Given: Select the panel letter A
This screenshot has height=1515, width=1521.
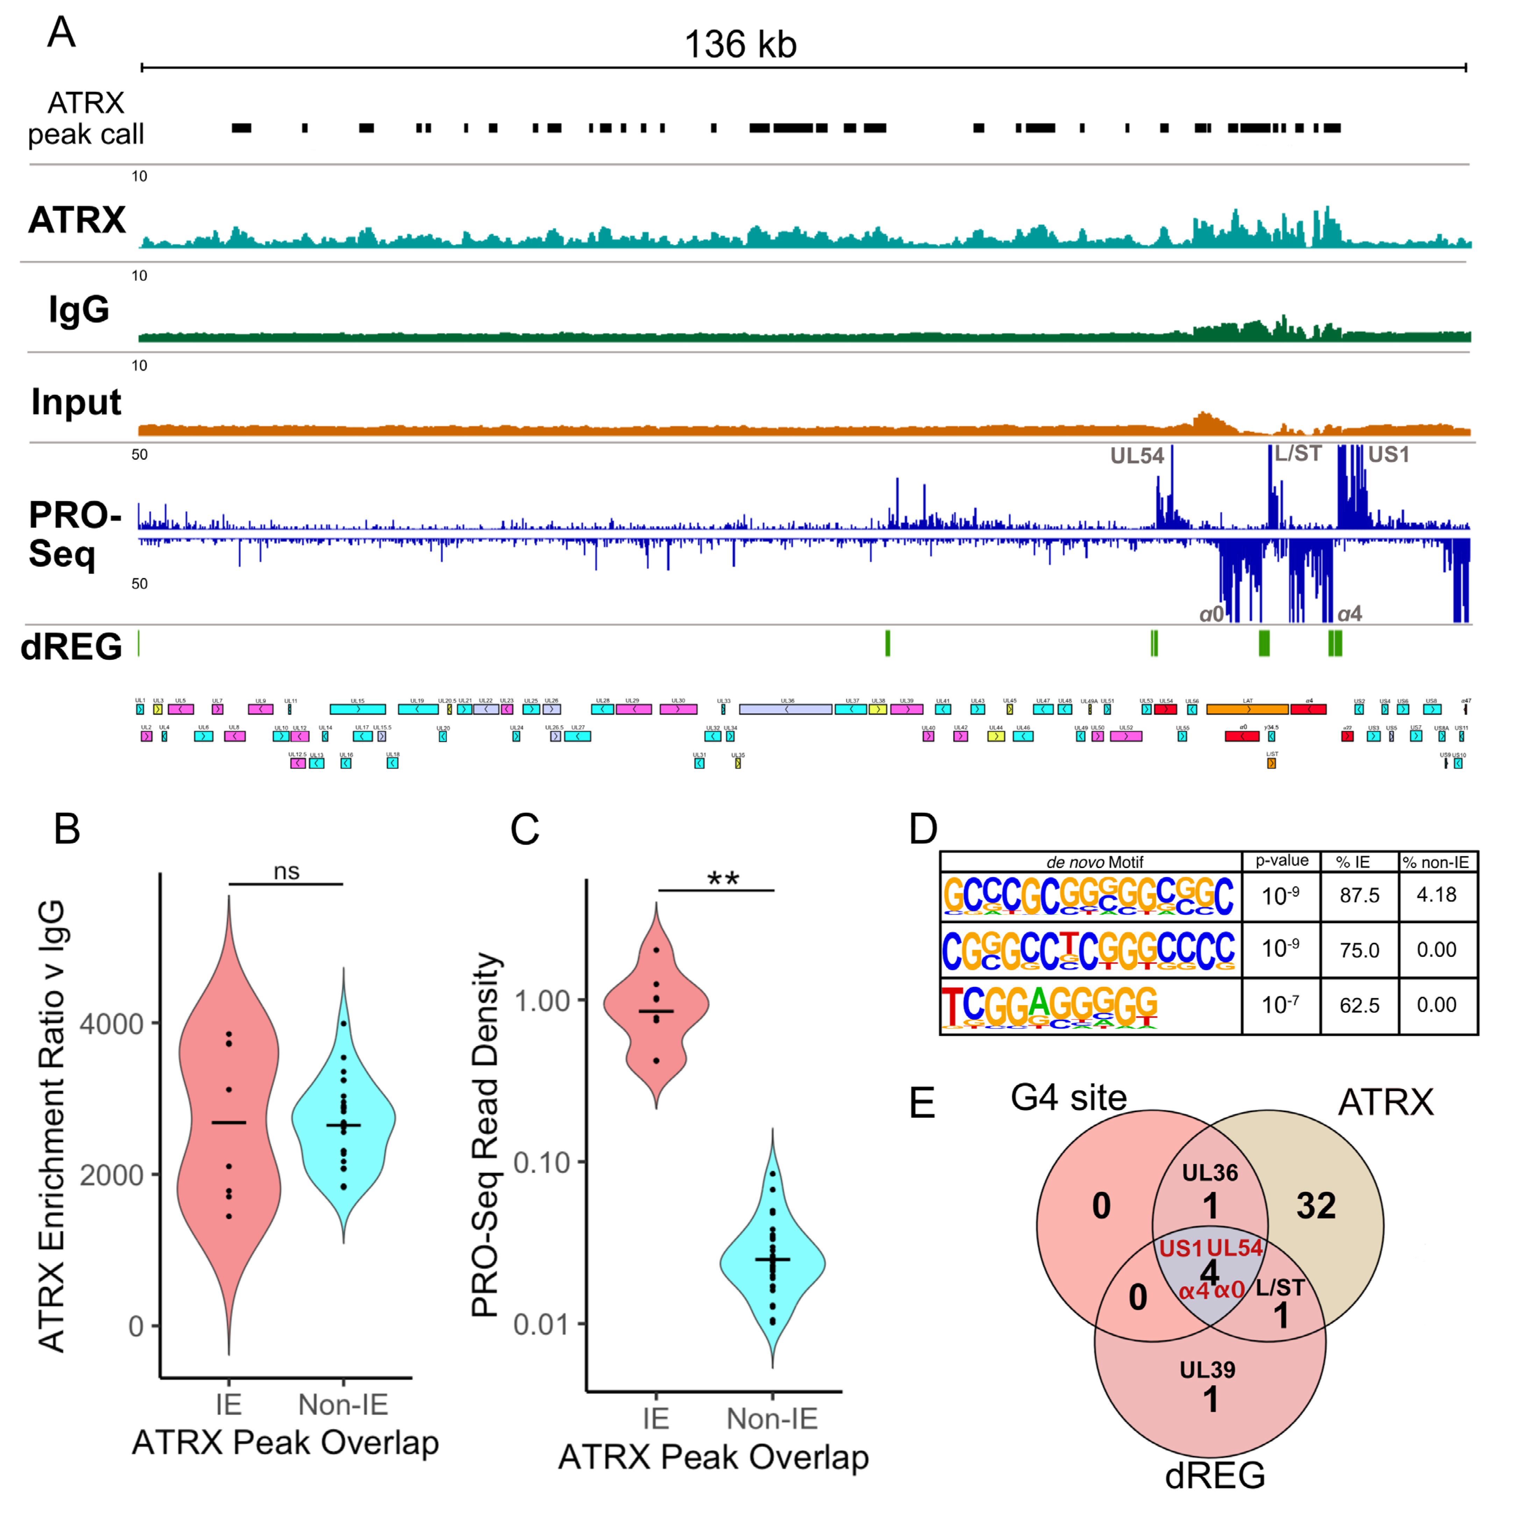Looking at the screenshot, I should click(62, 33).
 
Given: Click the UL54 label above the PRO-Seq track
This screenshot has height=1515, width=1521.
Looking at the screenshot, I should click(1136, 456).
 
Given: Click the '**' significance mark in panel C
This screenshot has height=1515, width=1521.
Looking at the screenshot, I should click(723, 879).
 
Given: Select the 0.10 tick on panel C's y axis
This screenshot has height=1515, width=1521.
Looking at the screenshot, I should click(542, 1162).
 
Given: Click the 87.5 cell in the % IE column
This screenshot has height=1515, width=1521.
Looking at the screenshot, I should click(1360, 895).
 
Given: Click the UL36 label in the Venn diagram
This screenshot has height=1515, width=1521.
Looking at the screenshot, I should click(1210, 1173).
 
